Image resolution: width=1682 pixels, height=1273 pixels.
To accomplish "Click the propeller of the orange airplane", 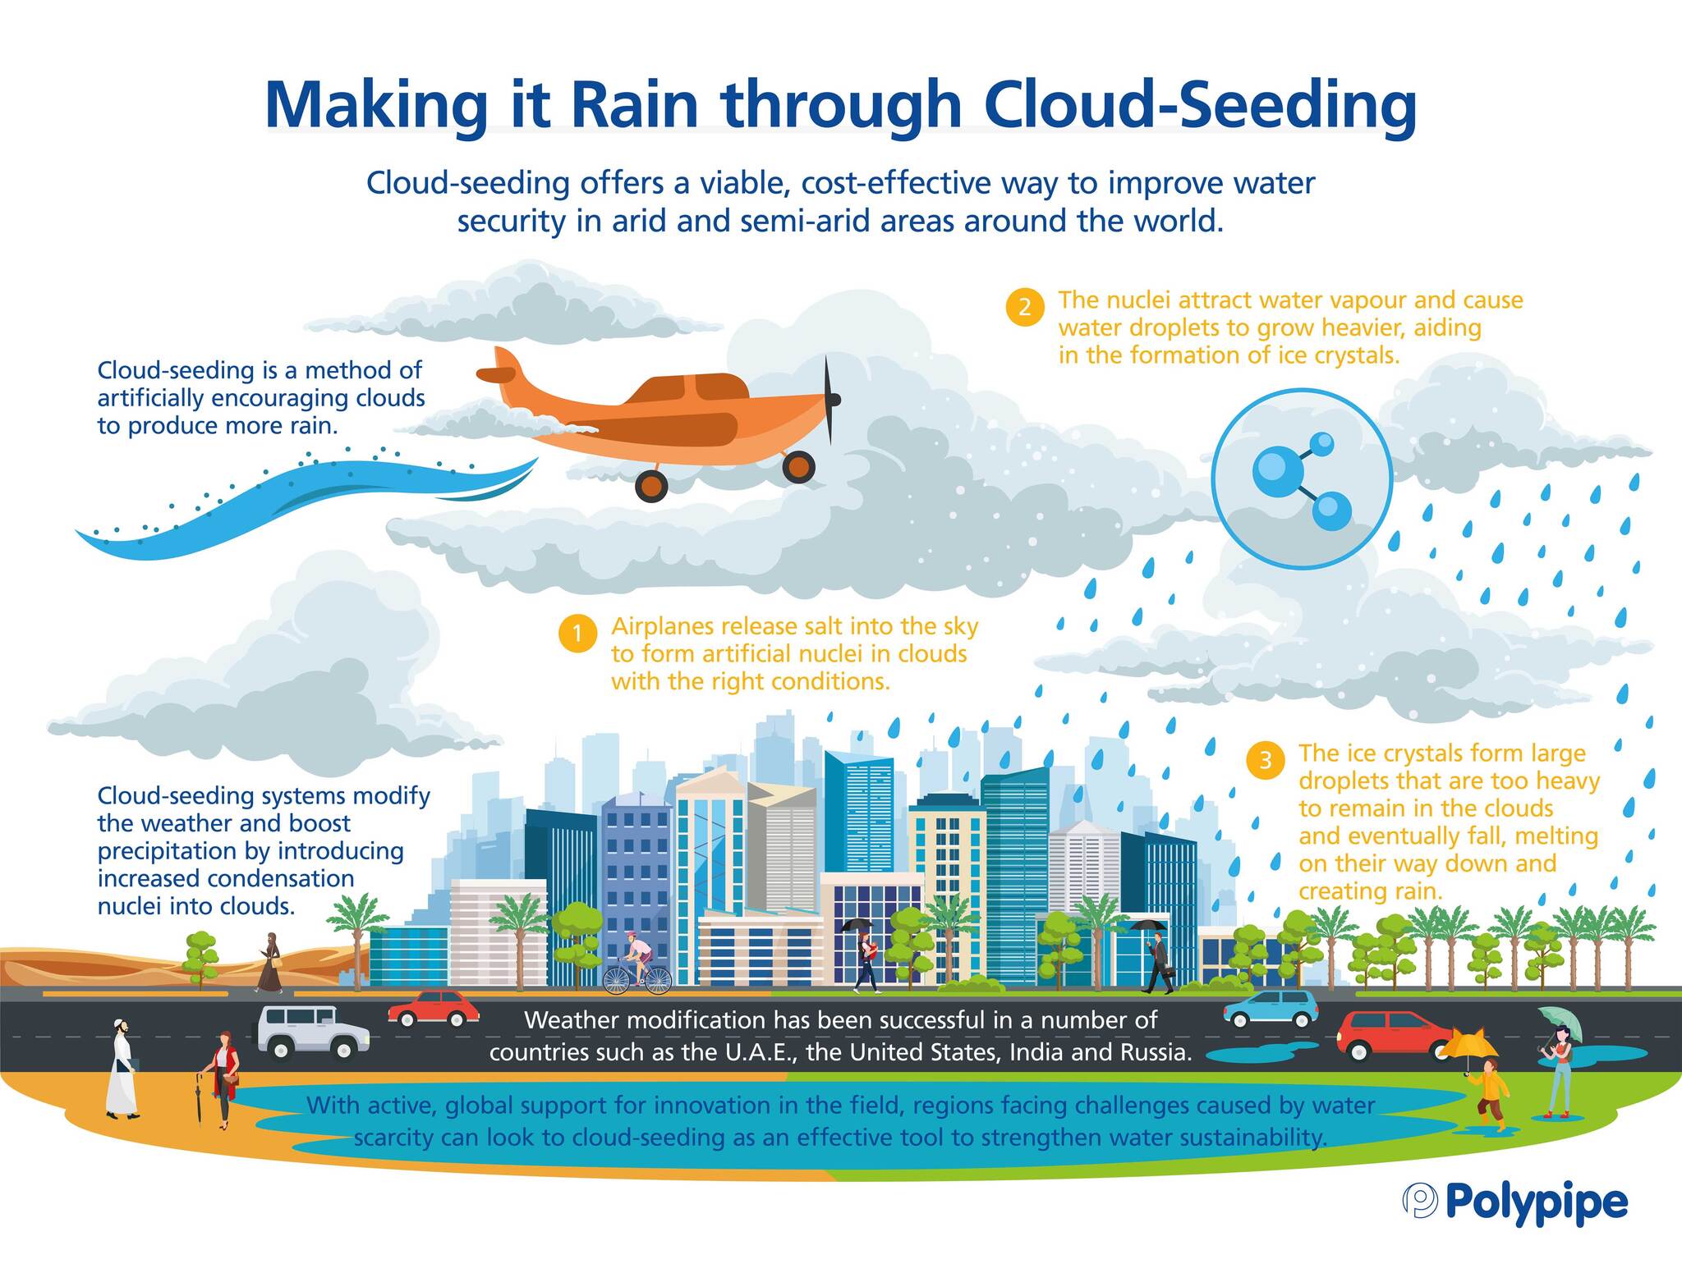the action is pyautogui.click(x=830, y=400).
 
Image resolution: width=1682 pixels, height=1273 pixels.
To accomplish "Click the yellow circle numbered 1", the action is pyautogui.click(x=577, y=634).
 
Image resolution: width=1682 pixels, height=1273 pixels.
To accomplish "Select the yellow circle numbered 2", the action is pyautogui.click(x=1025, y=308).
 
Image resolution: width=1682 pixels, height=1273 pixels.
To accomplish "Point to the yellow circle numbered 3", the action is pyautogui.click(x=1266, y=760).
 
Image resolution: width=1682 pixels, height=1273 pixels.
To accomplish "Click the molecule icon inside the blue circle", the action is pyautogui.click(x=1301, y=480).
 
